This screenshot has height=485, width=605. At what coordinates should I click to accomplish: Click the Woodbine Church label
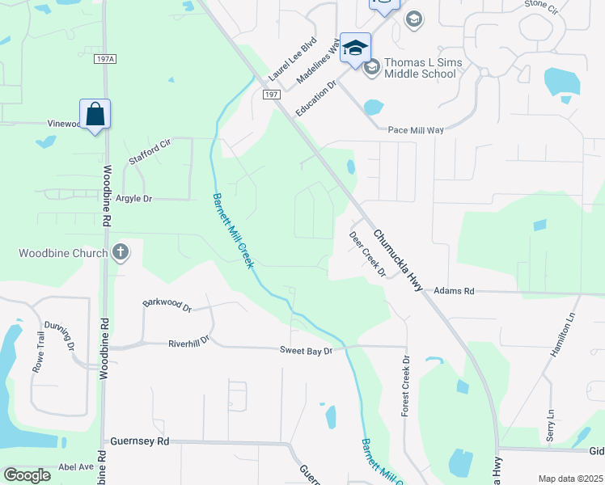(x=63, y=253)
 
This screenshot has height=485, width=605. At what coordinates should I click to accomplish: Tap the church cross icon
(x=121, y=252)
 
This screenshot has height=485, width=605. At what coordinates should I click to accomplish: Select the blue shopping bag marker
(x=95, y=115)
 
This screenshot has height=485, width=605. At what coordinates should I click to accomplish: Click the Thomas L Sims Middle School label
(x=420, y=68)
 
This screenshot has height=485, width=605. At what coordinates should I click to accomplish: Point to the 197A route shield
(x=104, y=59)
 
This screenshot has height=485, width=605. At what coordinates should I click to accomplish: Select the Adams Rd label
(x=454, y=290)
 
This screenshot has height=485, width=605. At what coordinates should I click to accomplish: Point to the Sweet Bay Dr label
(x=307, y=351)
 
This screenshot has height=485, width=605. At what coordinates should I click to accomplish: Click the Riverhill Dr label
(x=188, y=342)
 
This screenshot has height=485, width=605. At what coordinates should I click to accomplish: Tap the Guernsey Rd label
(x=141, y=441)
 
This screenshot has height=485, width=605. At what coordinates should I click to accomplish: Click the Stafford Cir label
(x=150, y=153)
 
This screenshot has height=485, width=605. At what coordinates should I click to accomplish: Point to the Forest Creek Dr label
(x=406, y=386)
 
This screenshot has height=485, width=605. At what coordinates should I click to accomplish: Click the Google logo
(x=27, y=475)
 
